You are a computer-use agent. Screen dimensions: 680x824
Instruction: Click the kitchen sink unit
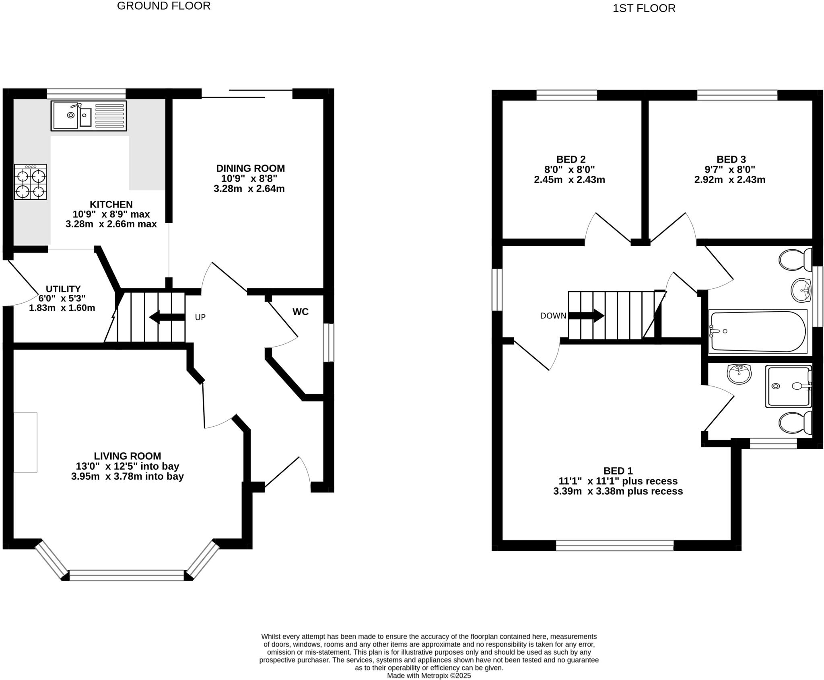tap(89, 115)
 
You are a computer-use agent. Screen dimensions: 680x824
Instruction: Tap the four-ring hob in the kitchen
tap(30, 182)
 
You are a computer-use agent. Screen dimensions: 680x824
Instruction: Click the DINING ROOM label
tap(250, 168)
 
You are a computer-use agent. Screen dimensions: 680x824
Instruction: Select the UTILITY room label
tap(63, 289)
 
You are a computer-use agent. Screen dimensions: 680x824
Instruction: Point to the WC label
tap(300, 312)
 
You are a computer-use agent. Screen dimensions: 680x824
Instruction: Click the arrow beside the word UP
tap(167, 317)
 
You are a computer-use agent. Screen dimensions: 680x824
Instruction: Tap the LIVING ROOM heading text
tap(128, 456)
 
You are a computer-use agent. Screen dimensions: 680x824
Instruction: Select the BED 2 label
tap(571, 159)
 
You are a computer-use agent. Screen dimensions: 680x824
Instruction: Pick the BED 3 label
tap(731, 159)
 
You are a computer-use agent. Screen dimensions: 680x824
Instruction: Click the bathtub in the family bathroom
tap(758, 331)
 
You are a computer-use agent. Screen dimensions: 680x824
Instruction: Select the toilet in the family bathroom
tap(795, 260)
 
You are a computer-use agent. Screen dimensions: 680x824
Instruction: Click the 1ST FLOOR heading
tap(644, 8)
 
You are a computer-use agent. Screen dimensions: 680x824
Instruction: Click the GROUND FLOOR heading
tap(164, 6)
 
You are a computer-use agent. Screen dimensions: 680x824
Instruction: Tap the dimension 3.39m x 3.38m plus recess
tap(618, 491)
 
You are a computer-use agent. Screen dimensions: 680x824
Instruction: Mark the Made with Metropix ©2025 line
tap(429, 676)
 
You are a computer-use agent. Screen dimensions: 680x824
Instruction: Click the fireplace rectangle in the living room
tap(25, 442)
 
